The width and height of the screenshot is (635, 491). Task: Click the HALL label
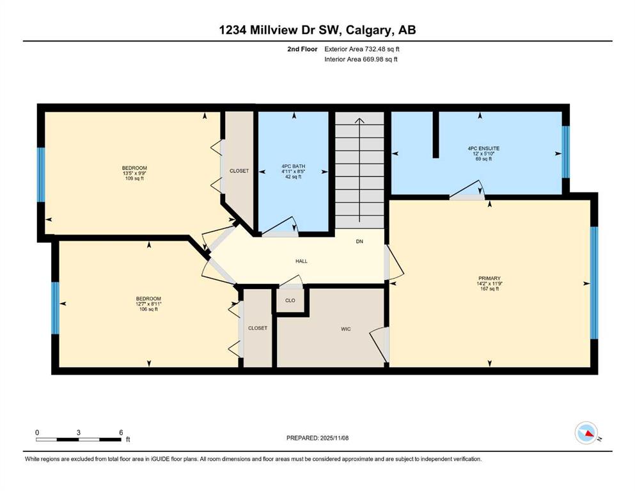[x=301, y=261]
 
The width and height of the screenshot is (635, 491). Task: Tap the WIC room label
[x=346, y=329]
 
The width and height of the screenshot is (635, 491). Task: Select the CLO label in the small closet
[x=290, y=300]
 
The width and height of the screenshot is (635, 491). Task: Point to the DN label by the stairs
[x=359, y=241]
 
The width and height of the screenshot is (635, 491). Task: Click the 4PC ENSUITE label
[x=483, y=148]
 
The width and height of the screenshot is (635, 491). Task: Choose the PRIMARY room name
[x=489, y=279]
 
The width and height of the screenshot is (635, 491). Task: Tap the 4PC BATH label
[x=294, y=166]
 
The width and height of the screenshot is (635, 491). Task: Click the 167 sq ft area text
[x=489, y=289]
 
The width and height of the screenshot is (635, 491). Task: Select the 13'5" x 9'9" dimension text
[x=134, y=173]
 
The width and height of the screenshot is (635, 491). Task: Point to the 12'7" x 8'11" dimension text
[x=148, y=304]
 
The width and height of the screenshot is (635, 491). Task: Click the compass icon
[x=586, y=433]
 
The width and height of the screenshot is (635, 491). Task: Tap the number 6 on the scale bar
[x=121, y=433]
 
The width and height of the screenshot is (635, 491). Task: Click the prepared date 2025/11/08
[x=334, y=438]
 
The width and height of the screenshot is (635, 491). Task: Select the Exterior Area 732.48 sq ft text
[x=362, y=49]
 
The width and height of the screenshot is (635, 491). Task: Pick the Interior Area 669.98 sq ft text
[x=361, y=59]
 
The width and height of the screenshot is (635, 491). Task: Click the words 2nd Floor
[x=302, y=49]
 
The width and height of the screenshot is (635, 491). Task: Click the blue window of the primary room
[x=594, y=283]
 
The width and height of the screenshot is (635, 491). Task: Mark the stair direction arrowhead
[x=359, y=121]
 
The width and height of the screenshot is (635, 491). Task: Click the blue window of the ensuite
[x=566, y=152]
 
